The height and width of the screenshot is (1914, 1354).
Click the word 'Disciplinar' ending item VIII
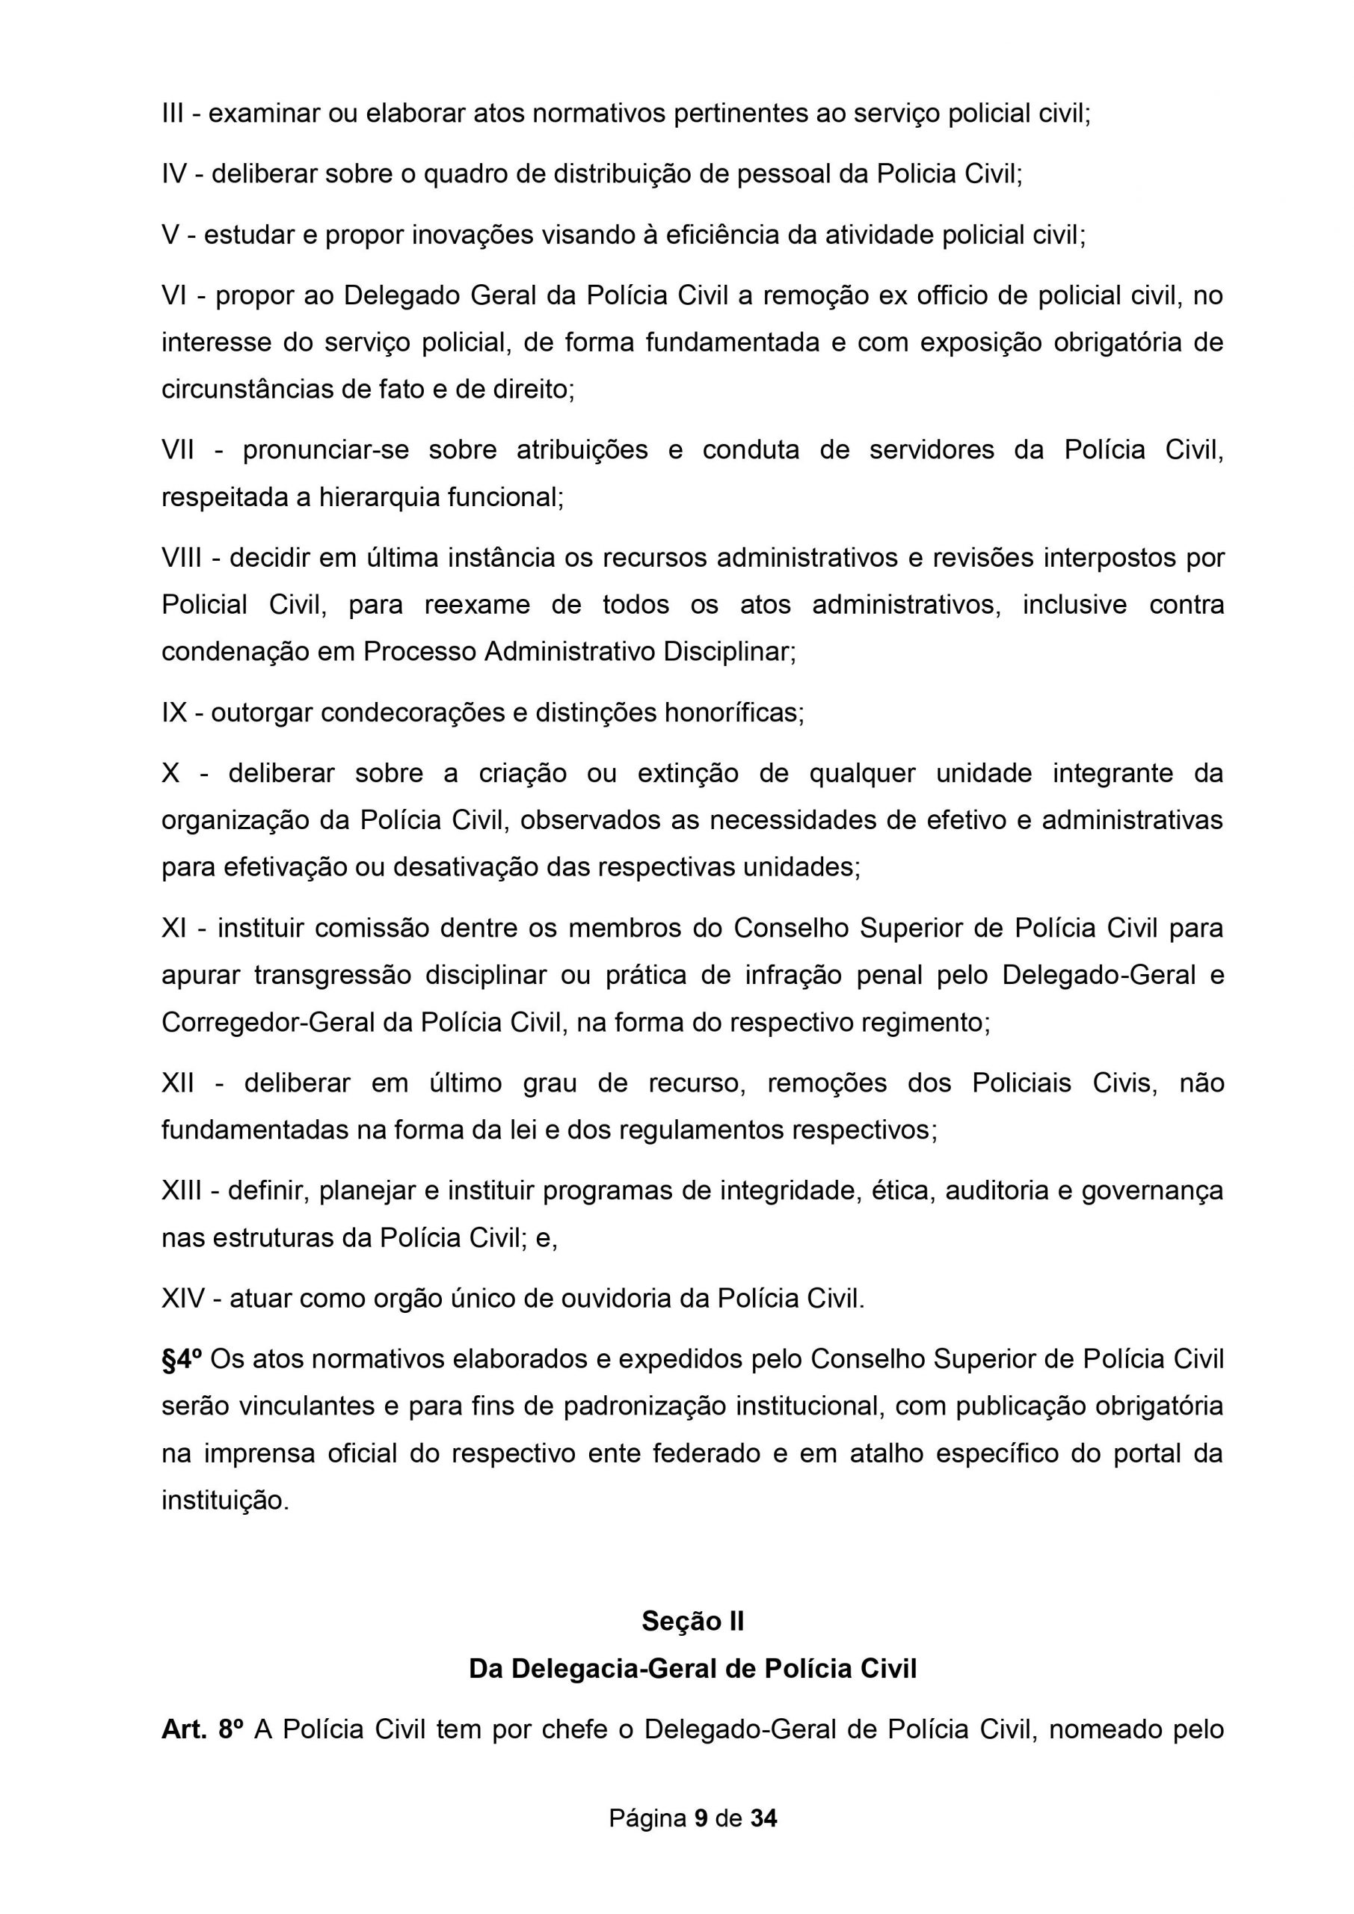[729, 652]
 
